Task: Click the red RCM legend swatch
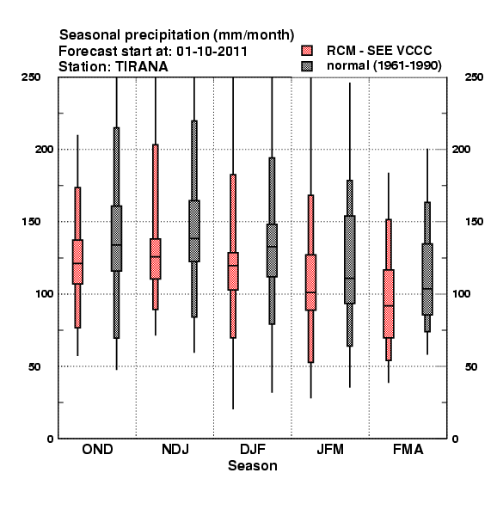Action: [307, 51]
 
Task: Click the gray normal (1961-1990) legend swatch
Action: [307, 66]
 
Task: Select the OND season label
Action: [97, 450]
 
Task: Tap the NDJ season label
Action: [175, 450]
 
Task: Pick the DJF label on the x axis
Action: [253, 450]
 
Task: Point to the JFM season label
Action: [330, 450]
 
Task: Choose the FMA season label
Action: [408, 450]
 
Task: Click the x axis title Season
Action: [253, 466]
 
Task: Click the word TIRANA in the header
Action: [142, 67]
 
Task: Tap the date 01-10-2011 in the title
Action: [212, 52]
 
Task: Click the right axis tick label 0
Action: [456, 439]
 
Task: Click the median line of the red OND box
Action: [77, 263]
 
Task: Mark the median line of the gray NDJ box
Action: [194, 238]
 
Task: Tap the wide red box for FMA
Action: [389, 304]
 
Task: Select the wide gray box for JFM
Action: [350, 260]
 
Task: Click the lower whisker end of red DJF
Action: [233, 409]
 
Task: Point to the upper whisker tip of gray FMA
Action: [427, 149]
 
